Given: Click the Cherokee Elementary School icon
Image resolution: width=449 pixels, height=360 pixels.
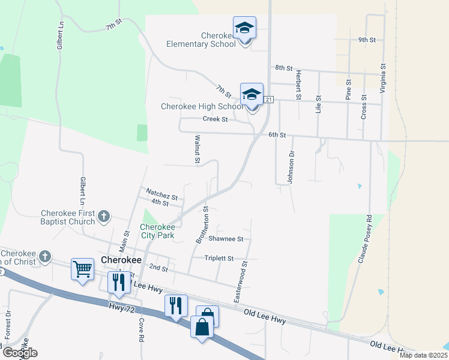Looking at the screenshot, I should [244, 28].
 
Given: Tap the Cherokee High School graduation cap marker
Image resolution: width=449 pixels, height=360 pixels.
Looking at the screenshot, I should [252, 95].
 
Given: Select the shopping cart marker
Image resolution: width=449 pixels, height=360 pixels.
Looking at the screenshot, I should [82, 269].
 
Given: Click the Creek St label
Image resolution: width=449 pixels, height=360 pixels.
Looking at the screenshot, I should [215, 119].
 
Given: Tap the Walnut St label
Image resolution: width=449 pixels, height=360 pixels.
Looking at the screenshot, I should [196, 149].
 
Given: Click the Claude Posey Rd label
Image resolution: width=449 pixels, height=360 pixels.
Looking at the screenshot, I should [365, 239].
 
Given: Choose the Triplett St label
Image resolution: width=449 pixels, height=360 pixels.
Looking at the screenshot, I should [218, 258].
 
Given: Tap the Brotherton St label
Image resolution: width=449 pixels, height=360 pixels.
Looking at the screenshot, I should [202, 225].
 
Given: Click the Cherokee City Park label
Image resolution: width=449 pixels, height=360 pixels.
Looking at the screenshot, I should [157, 231].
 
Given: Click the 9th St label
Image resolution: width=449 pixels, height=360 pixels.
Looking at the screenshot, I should [366, 40].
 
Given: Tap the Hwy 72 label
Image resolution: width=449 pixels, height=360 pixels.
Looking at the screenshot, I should [119, 307].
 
